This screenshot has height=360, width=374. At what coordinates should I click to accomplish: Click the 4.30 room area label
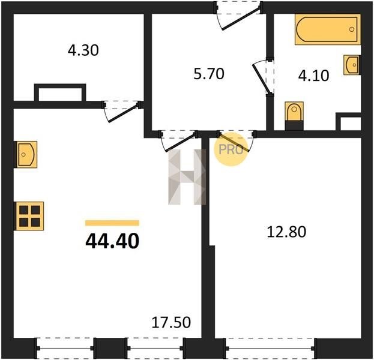point(83,50)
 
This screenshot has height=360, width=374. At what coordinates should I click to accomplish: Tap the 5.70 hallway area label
point(209,74)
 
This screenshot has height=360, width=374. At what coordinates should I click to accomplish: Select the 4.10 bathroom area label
point(313,76)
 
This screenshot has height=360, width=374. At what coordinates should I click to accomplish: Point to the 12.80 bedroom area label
point(286,232)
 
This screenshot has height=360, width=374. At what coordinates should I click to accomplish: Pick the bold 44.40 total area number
point(112,241)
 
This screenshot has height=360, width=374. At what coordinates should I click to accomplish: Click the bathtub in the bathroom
point(328,29)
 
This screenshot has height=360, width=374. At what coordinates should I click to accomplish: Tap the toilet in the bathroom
point(294,116)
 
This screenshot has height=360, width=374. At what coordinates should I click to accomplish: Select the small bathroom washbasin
point(352,65)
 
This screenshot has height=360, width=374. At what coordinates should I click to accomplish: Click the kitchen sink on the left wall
point(26,154)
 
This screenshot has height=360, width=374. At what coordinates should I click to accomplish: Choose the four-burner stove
point(29,216)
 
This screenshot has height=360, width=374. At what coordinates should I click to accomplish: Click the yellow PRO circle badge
point(230,149)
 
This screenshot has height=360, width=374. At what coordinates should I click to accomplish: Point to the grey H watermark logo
point(187,177)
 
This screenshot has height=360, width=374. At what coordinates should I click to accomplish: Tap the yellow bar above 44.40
point(112,223)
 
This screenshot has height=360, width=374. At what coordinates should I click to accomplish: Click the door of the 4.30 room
point(122,112)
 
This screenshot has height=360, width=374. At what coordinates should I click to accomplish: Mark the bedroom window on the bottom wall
point(270,348)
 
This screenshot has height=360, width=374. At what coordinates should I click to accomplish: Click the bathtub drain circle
point(351,29)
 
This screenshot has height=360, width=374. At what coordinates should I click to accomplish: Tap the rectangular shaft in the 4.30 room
point(60,93)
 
